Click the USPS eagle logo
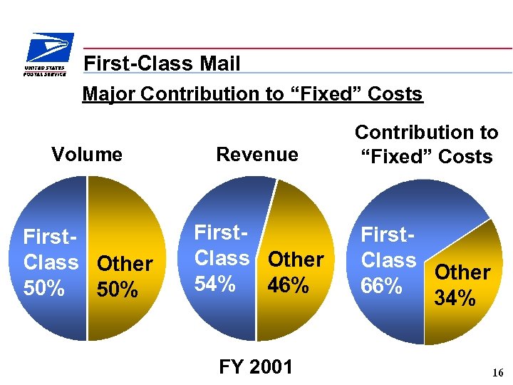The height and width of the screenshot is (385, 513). (x=48, y=48)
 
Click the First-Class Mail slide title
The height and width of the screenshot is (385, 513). (x=162, y=64)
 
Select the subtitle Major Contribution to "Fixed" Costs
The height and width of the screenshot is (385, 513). (x=252, y=93)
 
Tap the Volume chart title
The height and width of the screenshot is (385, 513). (x=87, y=154)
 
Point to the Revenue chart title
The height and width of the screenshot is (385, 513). (x=257, y=154)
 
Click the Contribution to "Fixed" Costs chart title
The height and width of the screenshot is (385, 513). (x=426, y=144)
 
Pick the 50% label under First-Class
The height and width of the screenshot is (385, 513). (x=44, y=289)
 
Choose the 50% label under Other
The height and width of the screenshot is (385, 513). (x=118, y=290)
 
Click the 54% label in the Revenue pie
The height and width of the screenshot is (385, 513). (x=215, y=284)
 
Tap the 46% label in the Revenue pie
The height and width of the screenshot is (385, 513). (x=289, y=285)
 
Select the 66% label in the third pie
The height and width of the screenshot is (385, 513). (x=383, y=286)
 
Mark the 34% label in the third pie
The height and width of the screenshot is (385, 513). (x=455, y=297)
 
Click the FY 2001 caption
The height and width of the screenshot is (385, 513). (x=256, y=366)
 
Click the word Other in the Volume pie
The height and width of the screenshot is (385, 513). (x=125, y=264)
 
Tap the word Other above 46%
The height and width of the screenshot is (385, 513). (x=296, y=260)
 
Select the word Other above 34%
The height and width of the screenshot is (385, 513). (x=462, y=272)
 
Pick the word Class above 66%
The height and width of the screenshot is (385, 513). (x=388, y=260)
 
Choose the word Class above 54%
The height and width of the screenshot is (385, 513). (x=222, y=258)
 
